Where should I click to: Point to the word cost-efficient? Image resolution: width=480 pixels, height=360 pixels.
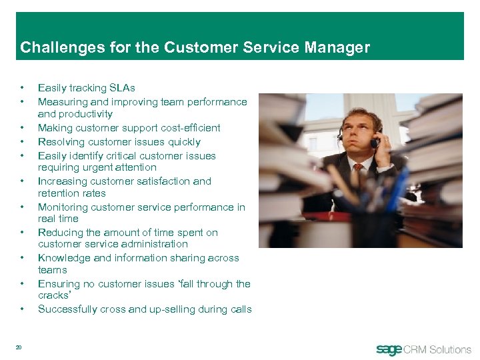click(187, 128)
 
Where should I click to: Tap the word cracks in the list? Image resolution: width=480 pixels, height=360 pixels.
click(53, 295)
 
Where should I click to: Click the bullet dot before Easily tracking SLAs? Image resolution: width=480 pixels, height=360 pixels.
click(23, 88)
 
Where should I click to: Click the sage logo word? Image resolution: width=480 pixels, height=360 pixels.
click(389, 349)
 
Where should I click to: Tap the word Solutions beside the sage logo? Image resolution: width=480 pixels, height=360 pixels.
click(449, 349)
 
